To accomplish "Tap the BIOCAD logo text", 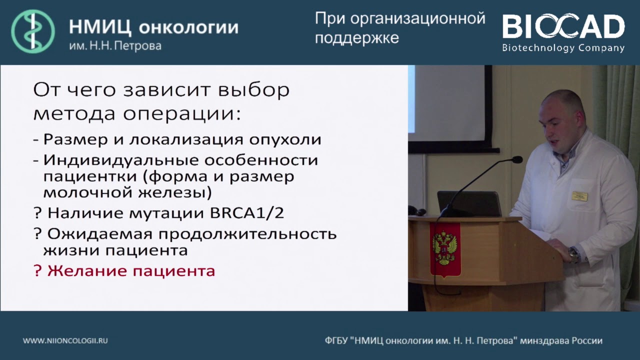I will pos(563,27).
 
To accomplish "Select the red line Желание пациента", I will pos(124,271).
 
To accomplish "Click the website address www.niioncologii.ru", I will pos(65,340).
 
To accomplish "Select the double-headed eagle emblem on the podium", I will pos(444,248).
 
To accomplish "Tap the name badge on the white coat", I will pos(579,195).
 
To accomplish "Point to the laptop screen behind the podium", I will pos(469,203).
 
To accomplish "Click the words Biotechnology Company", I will pos(563,48).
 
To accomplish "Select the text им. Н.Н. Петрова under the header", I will pos(115,46).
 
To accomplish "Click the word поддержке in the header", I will pos(356,38).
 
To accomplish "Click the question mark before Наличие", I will pos(37,213).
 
